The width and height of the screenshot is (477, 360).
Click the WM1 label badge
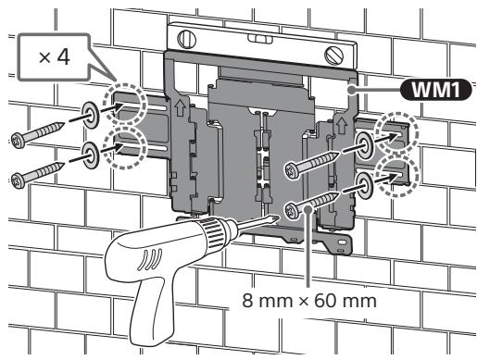tap(435, 90)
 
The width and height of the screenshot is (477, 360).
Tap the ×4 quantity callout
tap(54, 57)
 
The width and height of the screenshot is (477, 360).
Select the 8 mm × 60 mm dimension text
tap(309, 301)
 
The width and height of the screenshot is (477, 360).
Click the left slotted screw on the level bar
tap(187, 39)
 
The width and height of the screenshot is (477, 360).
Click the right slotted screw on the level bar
tap(334, 56)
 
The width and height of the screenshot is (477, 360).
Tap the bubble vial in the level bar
tap(260, 38)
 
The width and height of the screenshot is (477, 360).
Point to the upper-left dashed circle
tap(124, 104)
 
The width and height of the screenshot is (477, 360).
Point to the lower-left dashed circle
tap(125, 148)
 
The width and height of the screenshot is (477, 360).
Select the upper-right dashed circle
tap(396, 133)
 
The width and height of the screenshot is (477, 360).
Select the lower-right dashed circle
tap(398, 176)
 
